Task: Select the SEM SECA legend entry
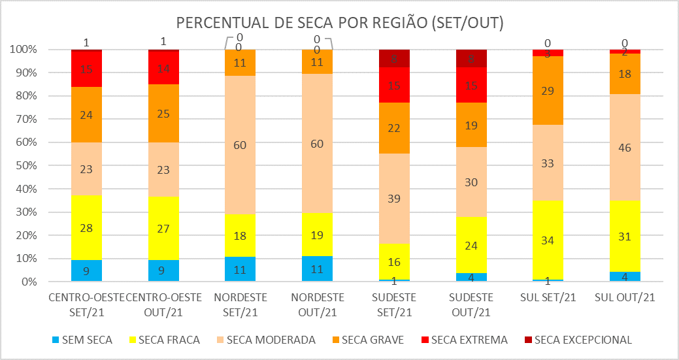tap(82, 340)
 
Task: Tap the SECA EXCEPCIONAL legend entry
tap(582, 340)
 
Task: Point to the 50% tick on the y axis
tap(27, 166)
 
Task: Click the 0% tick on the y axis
tap(29, 282)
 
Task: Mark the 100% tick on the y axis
tap(24, 50)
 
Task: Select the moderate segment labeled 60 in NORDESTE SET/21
tap(240, 144)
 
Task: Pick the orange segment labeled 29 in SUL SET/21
tap(548, 91)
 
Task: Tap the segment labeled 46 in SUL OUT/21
tap(625, 148)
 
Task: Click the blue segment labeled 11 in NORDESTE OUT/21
tap(318, 269)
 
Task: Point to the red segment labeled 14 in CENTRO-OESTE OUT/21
tap(163, 68)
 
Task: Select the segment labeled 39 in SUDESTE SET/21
tap(394, 199)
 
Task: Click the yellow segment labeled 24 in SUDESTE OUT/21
tap(471, 245)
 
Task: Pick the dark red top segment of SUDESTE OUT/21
tap(471, 58)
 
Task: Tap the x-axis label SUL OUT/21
tap(625, 298)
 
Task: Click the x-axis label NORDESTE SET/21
tap(240, 304)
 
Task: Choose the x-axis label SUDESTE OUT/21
tap(471, 304)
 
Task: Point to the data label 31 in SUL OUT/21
tap(625, 237)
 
